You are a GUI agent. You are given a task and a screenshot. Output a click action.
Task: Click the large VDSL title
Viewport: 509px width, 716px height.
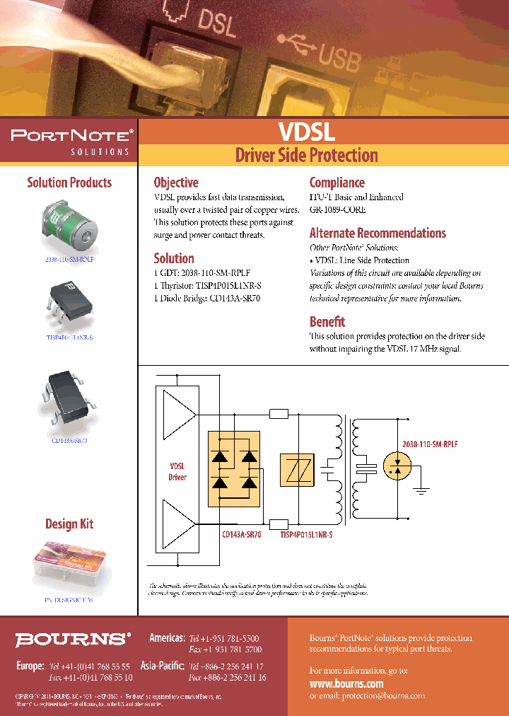tap(306, 132)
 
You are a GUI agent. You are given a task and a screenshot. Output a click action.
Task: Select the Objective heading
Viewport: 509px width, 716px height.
tap(176, 183)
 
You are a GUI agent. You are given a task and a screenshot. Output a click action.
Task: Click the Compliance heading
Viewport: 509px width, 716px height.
tap(337, 183)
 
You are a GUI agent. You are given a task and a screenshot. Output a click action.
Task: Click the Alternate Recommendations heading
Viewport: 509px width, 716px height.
tap(378, 233)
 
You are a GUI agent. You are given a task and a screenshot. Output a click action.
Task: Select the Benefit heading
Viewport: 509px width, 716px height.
tap(327, 321)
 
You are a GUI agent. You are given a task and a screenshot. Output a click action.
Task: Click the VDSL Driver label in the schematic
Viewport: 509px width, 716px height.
tap(177, 472)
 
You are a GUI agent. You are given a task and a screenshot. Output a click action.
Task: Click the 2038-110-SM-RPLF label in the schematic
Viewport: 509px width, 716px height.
tap(429, 443)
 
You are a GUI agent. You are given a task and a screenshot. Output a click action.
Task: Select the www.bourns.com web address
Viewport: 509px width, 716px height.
tap(346, 683)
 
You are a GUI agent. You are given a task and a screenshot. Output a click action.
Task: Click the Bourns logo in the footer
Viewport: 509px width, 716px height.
tap(74, 639)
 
